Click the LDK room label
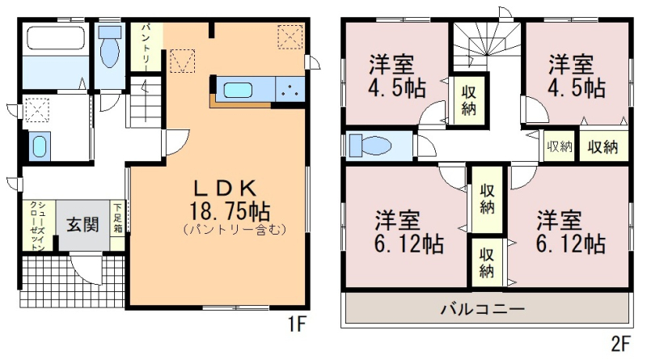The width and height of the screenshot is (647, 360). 226,189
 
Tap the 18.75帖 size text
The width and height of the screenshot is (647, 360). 229,211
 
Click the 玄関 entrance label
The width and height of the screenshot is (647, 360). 83,225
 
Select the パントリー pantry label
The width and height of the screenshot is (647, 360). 147,44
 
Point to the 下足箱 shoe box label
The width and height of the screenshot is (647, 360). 118,217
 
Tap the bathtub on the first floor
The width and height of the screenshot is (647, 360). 56,38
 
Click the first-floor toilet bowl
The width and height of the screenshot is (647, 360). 110,47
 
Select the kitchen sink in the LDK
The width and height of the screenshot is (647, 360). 238,91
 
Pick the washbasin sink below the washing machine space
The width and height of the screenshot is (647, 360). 39,146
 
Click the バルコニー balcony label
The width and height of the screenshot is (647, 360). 482,309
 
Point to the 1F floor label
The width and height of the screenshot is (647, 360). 296,324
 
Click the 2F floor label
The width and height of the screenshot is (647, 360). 620,344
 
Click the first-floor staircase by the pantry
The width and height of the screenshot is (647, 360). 146,102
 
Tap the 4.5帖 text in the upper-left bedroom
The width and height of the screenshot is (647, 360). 397,88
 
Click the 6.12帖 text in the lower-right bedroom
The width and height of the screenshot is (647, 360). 571,244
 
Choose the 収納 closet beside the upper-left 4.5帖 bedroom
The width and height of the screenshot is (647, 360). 469,100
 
